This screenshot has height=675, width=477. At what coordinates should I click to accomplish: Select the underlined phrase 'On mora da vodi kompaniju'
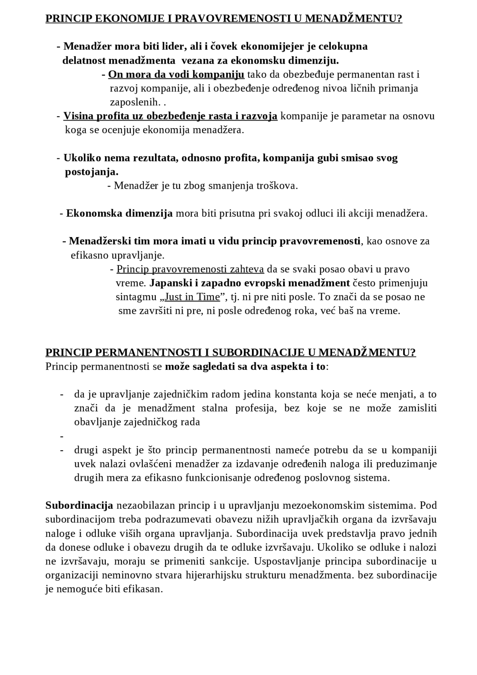pos(176,75)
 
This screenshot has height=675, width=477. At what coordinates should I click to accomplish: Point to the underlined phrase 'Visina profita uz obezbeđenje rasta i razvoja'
pos(170,116)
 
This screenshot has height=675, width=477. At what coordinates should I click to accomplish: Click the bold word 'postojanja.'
pos(92,172)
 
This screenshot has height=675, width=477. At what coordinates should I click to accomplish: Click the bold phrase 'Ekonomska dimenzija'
pos(119,214)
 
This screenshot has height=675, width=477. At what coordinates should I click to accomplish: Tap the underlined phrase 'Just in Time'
pos(192,297)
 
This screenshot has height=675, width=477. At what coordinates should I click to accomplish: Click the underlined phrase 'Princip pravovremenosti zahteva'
pos(190,269)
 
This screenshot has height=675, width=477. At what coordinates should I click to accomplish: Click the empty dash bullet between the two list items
pos(62,436)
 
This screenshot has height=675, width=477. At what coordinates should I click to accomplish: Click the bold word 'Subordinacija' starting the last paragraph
pos(79,506)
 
